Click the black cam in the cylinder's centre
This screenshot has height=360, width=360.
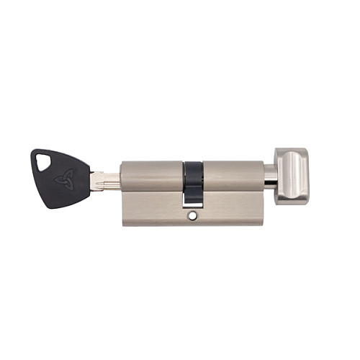point(193,180)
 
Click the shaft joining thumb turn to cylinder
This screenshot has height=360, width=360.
point(269,175)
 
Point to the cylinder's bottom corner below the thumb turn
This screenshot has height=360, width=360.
point(262,222)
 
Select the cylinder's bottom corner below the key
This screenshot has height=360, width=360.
point(125,222)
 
